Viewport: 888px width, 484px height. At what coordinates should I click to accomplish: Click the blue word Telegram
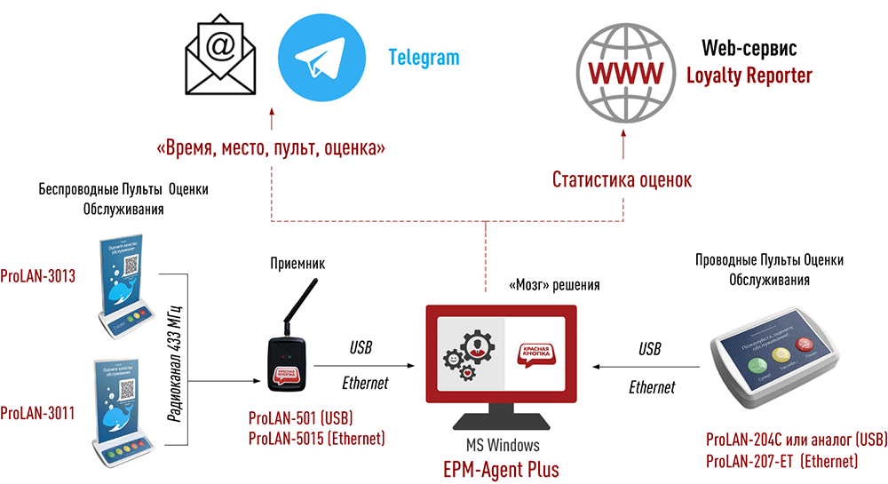pyautogui.click(x=424, y=59)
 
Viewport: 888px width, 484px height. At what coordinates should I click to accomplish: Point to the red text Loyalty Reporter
pyautogui.click(x=749, y=76)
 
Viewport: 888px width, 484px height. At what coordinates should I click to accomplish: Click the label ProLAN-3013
pyautogui.click(x=37, y=276)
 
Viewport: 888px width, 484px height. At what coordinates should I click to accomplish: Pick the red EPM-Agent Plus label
pyautogui.click(x=501, y=468)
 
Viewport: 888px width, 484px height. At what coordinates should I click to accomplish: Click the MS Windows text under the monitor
pyautogui.click(x=500, y=446)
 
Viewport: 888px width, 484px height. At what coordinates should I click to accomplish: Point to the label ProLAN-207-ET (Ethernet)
pyautogui.click(x=781, y=461)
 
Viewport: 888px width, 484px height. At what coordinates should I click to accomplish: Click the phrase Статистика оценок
pyautogui.click(x=622, y=180)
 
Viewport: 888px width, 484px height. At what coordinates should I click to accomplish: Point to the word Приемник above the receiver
pyautogui.click(x=297, y=264)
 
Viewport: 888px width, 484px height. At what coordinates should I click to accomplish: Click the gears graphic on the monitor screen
pyautogui.click(x=465, y=355)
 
